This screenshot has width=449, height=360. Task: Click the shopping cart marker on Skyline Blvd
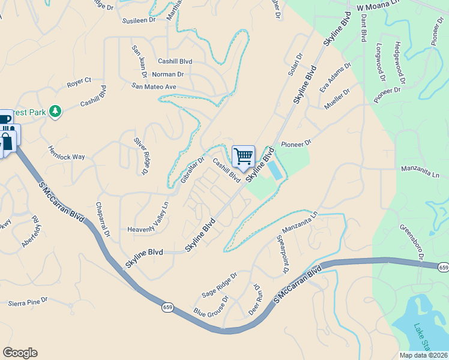tap(243, 156)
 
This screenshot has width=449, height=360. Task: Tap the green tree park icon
tap(55, 111)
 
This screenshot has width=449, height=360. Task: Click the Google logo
tap(20, 353)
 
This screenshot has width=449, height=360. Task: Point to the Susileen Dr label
tap(139, 20)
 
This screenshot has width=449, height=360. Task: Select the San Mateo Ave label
tap(154, 86)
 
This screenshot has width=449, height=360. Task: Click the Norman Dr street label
tap(168, 74)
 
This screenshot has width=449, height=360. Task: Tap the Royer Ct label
tap(79, 80)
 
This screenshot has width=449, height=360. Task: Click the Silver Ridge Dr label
tap(143, 155)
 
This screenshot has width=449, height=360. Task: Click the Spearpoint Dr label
tap(280, 254)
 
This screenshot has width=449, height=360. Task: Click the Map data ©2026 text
tap(424, 355)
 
